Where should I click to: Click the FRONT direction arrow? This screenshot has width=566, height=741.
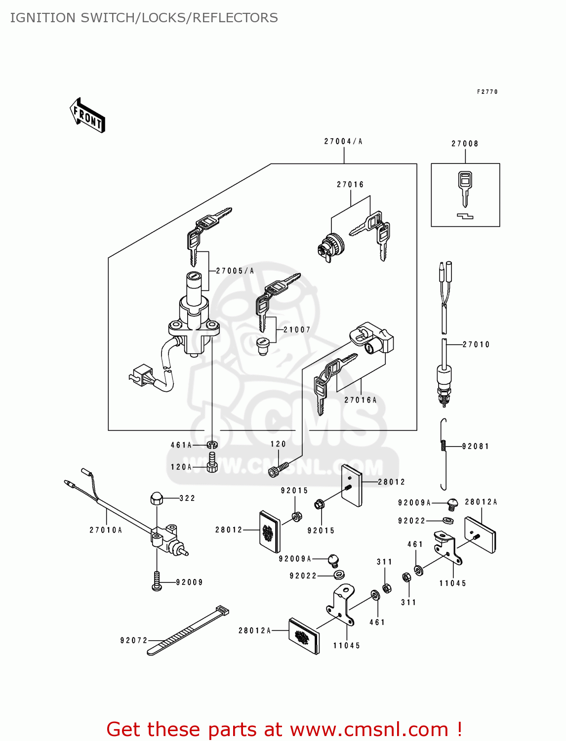pyautogui.click(x=88, y=116)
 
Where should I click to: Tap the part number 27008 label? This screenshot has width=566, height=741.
pyautogui.click(x=465, y=144)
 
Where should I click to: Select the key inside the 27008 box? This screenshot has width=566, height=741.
pyautogui.click(x=464, y=188)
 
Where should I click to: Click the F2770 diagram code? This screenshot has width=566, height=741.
pyautogui.click(x=487, y=92)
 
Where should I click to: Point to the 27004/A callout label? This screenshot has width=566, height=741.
pyautogui.click(x=343, y=141)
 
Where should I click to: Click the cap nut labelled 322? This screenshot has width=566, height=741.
pyautogui.click(x=157, y=498)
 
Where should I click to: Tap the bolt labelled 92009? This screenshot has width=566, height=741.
pyautogui.click(x=157, y=581)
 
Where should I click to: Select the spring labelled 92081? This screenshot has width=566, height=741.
pyautogui.click(x=444, y=446)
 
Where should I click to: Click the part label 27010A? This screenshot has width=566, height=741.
pyautogui.click(x=106, y=530)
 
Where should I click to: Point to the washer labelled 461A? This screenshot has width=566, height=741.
pyautogui.click(x=212, y=445)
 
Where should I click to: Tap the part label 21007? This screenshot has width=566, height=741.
pyautogui.click(x=297, y=329)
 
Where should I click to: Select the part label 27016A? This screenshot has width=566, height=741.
pyautogui.click(x=361, y=400)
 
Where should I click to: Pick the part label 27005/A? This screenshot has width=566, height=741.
pyautogui.click(x=235, y=271)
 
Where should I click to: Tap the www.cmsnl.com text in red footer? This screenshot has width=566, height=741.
pyautogui.click(x=369, y=729)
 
